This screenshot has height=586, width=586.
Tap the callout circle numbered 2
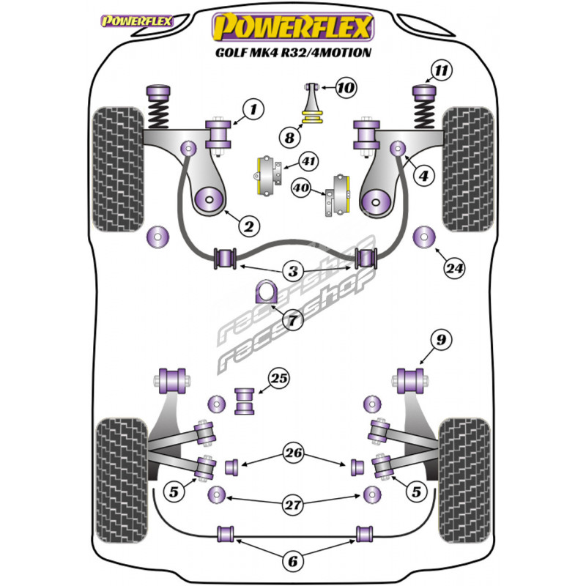(248, 227)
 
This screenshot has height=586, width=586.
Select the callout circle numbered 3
(294, 272)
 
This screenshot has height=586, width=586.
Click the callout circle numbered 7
(293, 319)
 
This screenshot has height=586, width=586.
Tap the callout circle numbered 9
(441, 339)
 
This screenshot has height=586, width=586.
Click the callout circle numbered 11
(440, 71)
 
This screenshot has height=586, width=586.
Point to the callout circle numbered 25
(278, 379)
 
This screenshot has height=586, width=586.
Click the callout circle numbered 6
(293, 561)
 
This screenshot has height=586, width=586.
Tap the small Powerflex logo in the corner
(136, 20)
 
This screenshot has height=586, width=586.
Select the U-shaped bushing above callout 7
(264, 293)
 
